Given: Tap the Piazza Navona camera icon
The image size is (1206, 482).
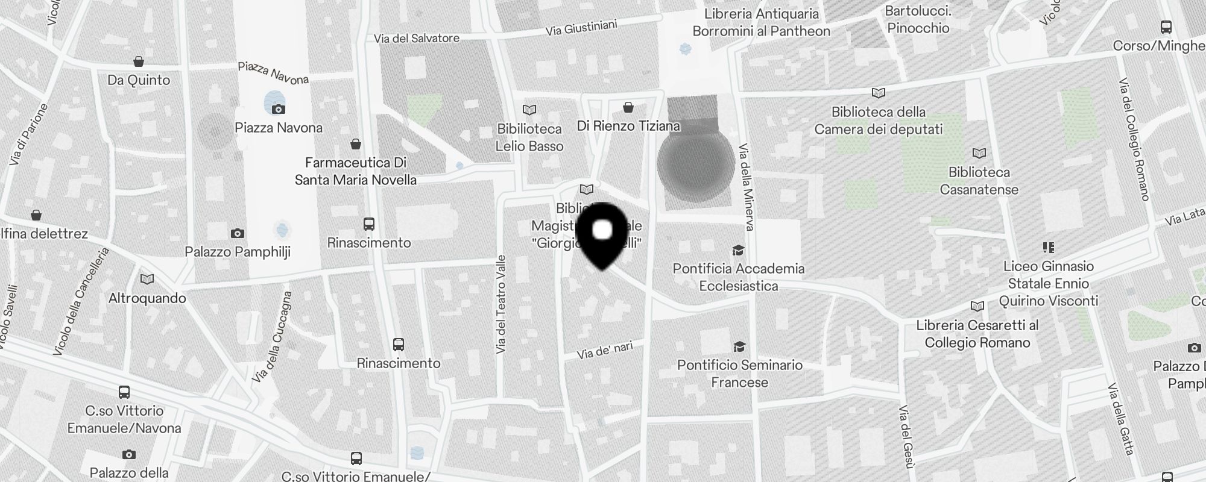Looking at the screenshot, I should pyautogui.click(x=278, y=109).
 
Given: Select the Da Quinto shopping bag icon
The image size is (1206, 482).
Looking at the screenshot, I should pyautogui.click(x=139, y=61).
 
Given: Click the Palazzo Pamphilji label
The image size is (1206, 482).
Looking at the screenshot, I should pyautogui.click(x=238, y=252).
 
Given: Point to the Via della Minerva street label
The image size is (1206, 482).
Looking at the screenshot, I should pyautogui.click(x=747, y=187).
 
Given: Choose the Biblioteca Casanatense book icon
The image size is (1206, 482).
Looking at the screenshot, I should pyautogui.click(x=979, y=154).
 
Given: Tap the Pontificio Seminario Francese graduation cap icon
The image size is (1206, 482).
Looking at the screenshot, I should pyautogui.click(x=739, y=346).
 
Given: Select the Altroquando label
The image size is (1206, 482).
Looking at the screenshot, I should pyautogui.click(x=147, y=298).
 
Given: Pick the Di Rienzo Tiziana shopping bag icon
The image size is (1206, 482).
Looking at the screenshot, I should pyautogui.click(x=628, y=107).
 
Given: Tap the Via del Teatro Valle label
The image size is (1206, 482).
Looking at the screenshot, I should pyautogui.click(x=500, y=304).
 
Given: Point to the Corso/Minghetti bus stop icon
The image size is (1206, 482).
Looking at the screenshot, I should pyautogui.click(x=1166, y=27).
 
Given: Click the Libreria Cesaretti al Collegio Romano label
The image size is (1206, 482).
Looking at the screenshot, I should pyautogui.click(x=977, y=334).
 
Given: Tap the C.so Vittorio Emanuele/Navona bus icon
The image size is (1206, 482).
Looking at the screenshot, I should pyautogui.click(x=124, y=392).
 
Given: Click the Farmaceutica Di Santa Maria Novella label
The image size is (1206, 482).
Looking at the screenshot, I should pyautogui.click(x=356, y=171).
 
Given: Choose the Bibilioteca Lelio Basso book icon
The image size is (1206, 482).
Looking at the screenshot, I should pyautogui.click(x=529, y=110).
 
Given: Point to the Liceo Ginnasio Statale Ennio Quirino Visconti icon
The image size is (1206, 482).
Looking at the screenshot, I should pyautogui.click(x=1048, y=247).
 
